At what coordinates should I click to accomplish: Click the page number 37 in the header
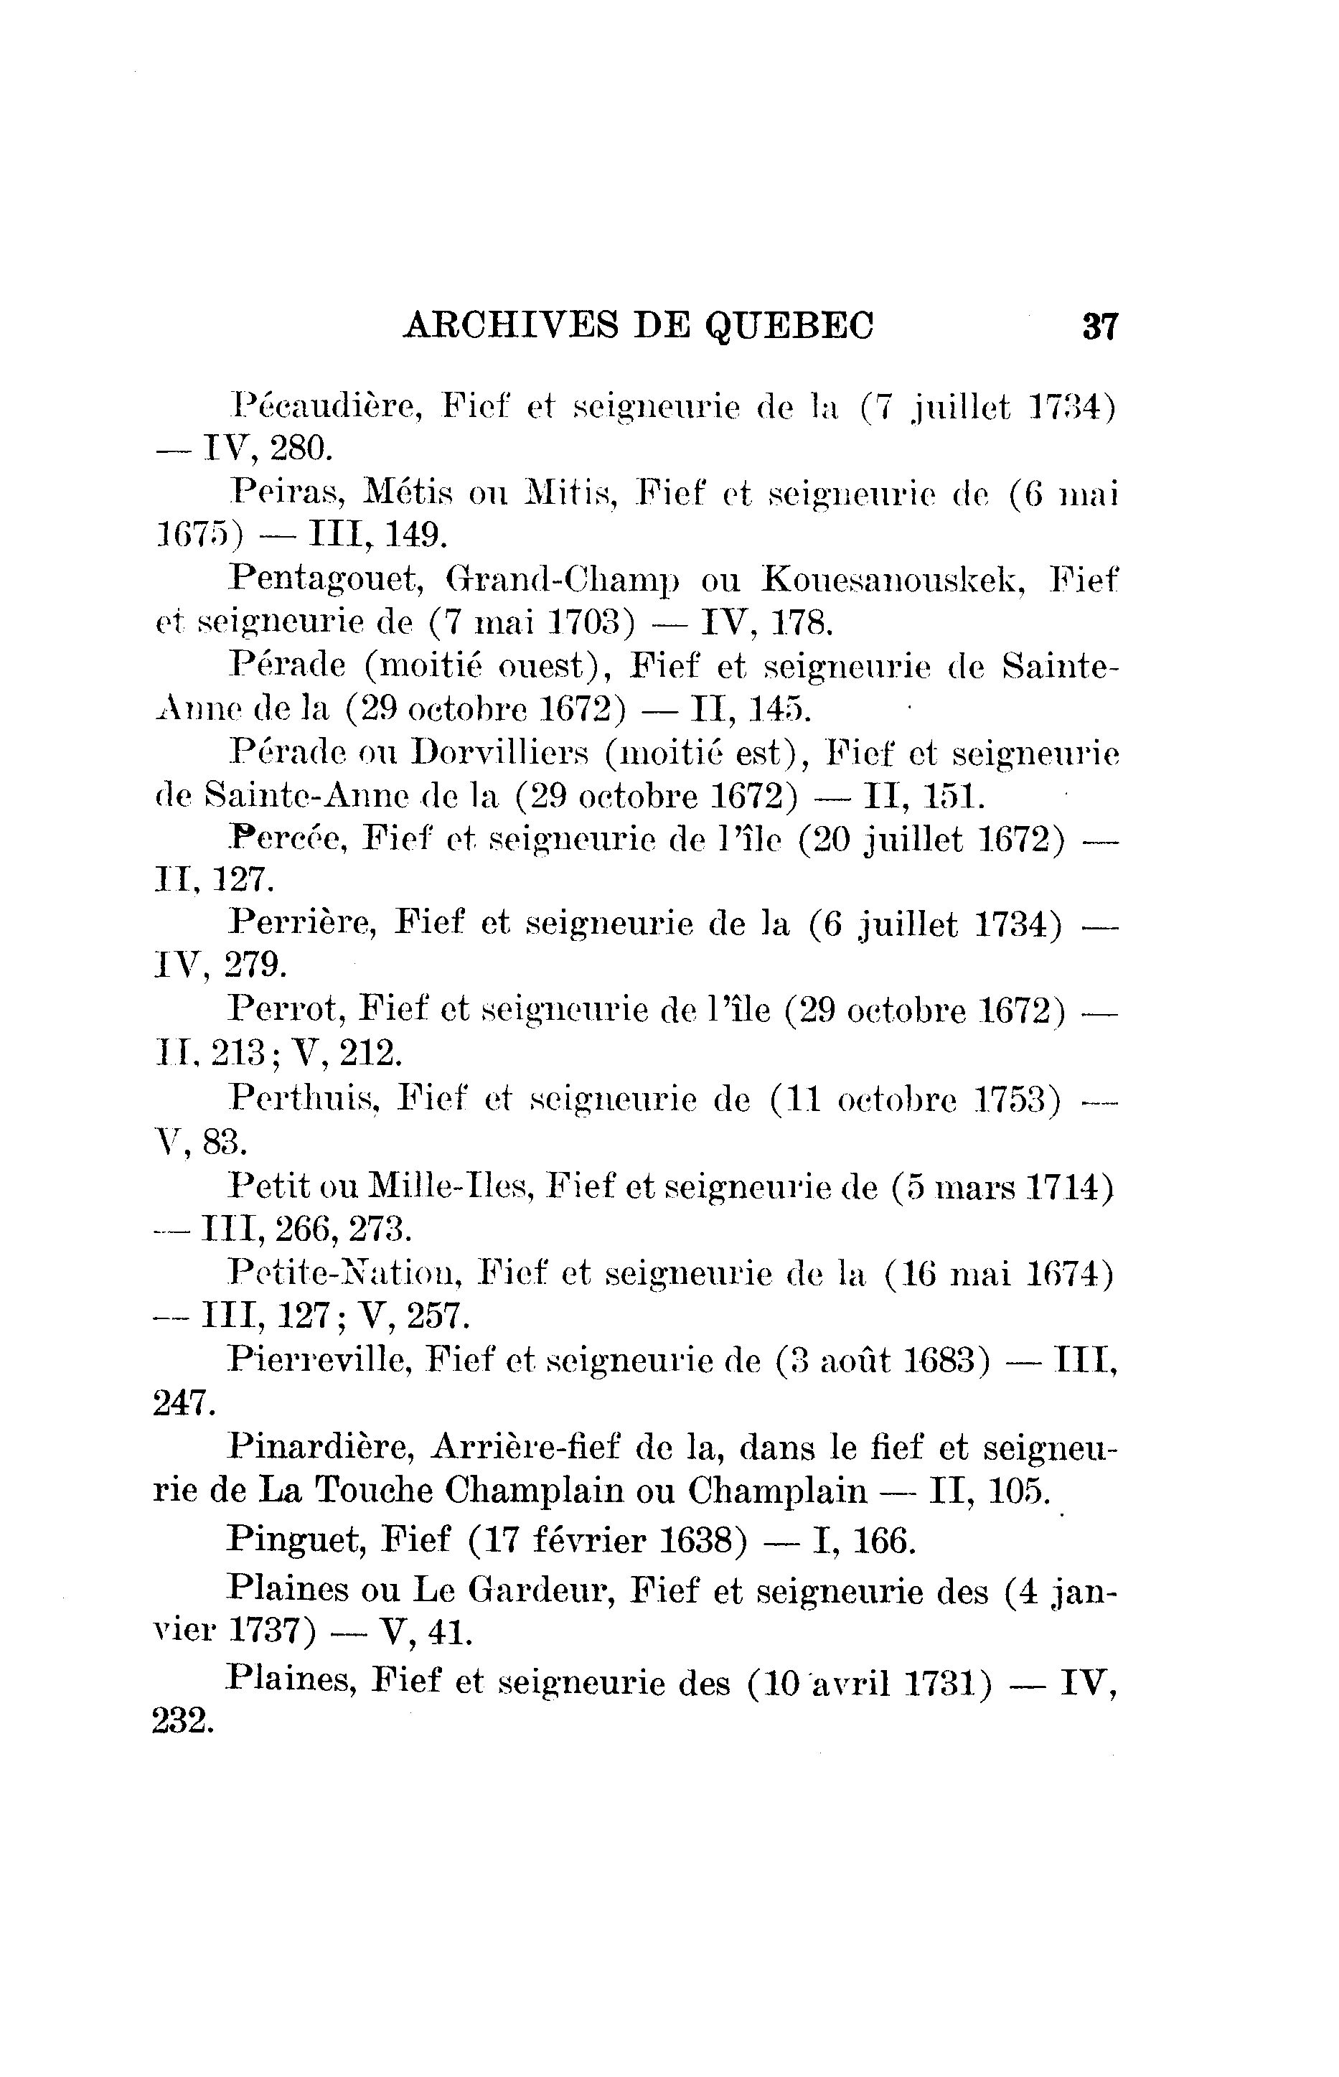coord(1099,327)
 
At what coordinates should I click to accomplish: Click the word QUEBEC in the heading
coord(789,327)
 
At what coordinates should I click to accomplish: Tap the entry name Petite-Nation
coord(345,1275)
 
